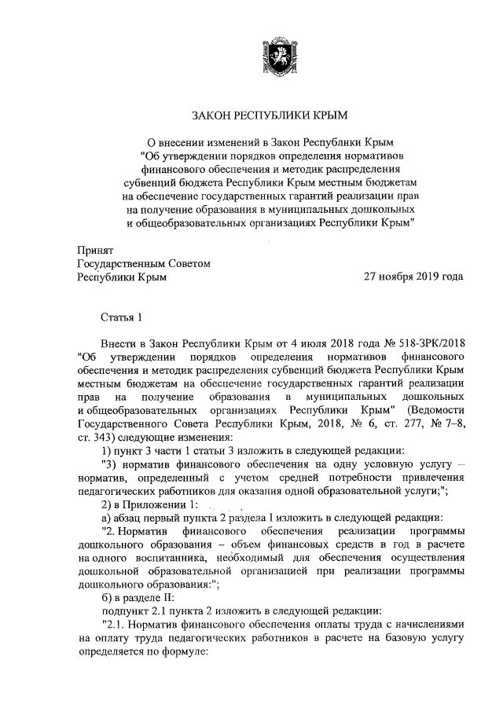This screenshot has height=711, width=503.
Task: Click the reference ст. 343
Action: pyautogui.click(x=97, y=437)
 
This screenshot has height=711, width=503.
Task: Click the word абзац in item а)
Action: pyautogui.click(x=130, y=518)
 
